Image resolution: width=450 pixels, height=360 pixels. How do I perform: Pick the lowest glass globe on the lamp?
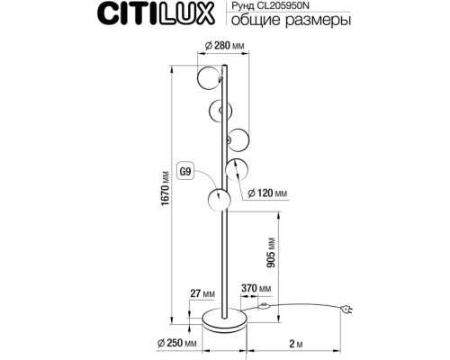pos(217,201)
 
